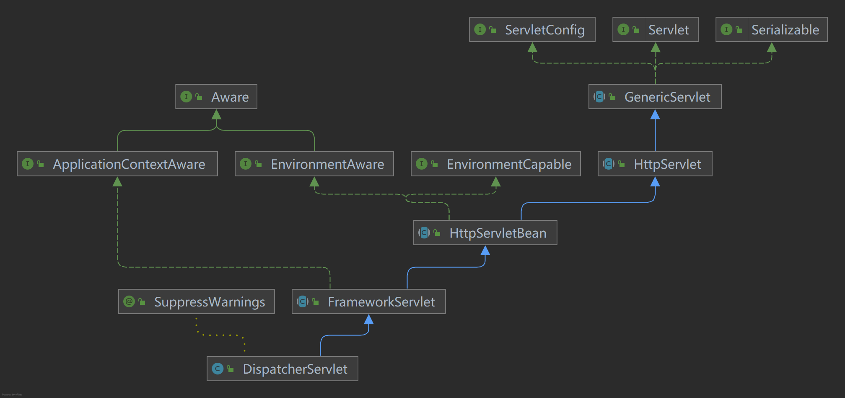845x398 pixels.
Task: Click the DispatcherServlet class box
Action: (283, 369)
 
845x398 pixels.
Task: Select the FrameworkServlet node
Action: (368, 301)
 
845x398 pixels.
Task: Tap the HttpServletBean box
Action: (485, 233)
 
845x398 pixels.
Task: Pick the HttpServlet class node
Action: (655, 164)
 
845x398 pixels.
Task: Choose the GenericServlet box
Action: (655, 97)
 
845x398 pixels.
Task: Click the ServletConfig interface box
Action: (532, 29)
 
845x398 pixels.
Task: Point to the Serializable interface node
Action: (771, 29)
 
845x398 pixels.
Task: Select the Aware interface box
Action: (216, 97)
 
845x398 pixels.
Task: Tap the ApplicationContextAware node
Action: (117, 164)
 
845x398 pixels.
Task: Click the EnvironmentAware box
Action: (314, 164)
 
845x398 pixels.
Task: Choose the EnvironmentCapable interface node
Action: (495, 164)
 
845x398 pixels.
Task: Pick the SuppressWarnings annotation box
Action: (197, 301)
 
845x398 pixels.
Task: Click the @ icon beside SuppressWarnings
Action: (129, 301)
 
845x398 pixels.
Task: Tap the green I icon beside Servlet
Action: (623, 29)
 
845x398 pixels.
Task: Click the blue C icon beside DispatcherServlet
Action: (218, 369)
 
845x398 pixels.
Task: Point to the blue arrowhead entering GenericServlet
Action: (655, 114)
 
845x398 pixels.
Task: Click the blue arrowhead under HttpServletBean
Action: (485, 250)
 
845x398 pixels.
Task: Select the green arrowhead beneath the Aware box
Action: (216, 114)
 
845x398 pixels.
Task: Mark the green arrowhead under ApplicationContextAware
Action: (117, 181)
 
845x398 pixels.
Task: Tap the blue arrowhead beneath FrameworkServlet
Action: (368, 319)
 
